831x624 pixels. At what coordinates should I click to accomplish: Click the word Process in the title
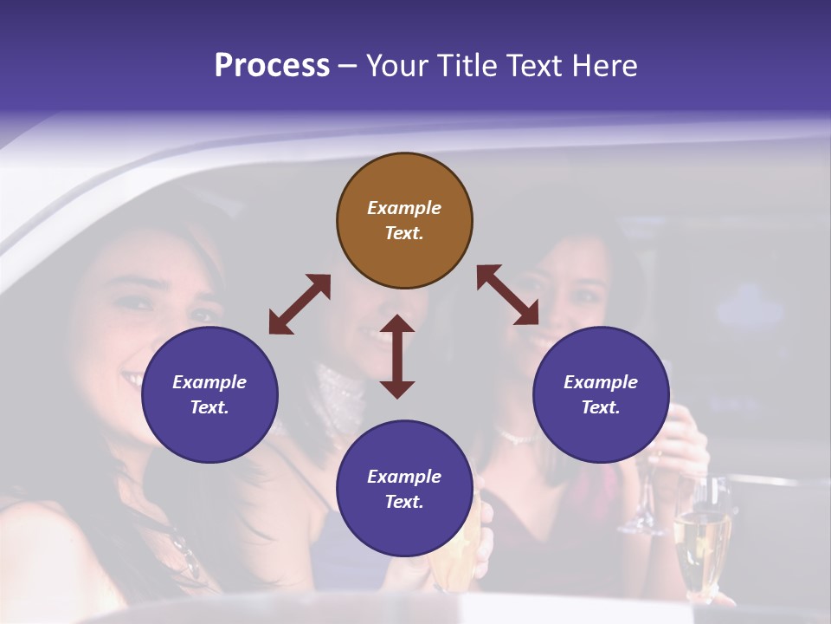pyautogui.click(x=272, y=66)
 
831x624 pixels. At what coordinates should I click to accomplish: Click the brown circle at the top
pyautogui.click(x=404, y=220)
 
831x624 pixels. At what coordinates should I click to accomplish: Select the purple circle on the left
pyautogui.click(x=209, y=394)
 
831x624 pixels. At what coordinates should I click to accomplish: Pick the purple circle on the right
pyautogui.click(x=601, y=394)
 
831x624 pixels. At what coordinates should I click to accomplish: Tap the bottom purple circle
pyautogui.click(x=404, y=488)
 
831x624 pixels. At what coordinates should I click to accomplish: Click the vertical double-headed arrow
pyautogui.click(x=397, y=356)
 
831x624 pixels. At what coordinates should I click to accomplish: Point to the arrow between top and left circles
pyautogui.click(x=300, y=304)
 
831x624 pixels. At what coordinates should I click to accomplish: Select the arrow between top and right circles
pyautogui.click(x=508, y=296)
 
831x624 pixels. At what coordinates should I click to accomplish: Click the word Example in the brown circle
pyautogui.click(x=404, y=208)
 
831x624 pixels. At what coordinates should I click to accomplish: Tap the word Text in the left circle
pyautogui.click(x=209, y=407)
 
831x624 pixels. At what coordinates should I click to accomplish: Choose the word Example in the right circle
pyautogui.click(x=601, y=382)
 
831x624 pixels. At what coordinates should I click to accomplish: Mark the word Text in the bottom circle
pyautogui.click(x=403, y=502)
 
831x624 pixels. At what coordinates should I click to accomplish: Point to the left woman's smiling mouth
pyautogui.click(x=136, y=378)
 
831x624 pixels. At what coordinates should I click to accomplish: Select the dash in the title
pyautogui.click(x=348, y=66)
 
